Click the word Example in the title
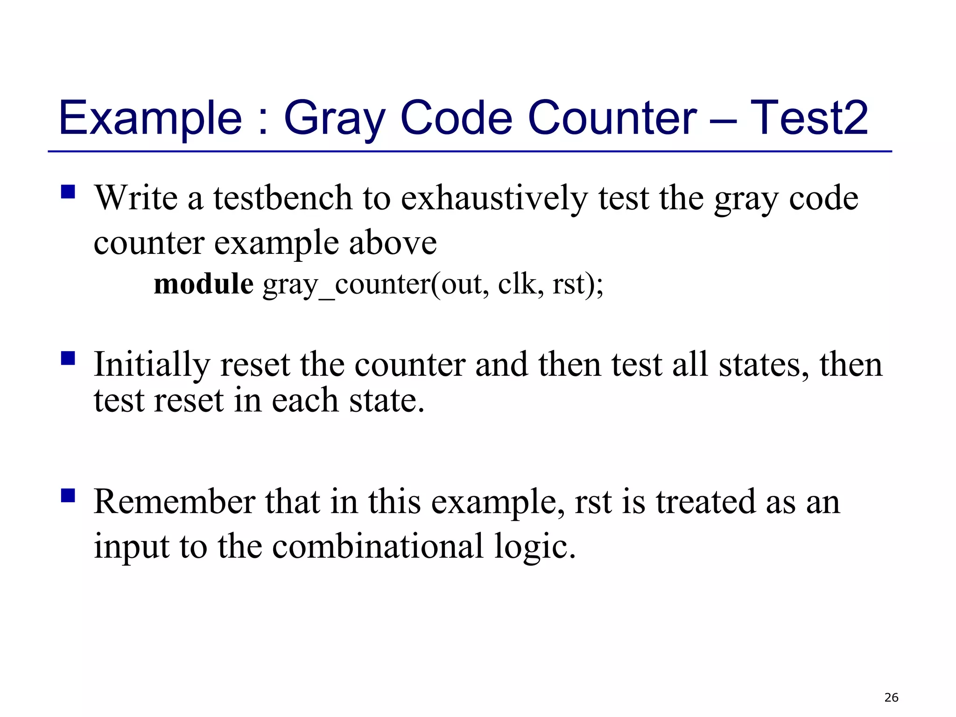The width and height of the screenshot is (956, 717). pyautogui.click(x=150, y=119)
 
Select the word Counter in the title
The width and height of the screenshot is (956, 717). pyautogui.click(x=612, y=119)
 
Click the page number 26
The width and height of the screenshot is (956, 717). pyautogui.click(x=891, y=697)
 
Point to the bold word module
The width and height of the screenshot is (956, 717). pyautogui.click(x=204, y=284)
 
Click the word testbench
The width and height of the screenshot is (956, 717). pyautogui.click(x=283, y=198)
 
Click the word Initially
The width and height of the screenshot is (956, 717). pyautogui.click(x=152, y=365)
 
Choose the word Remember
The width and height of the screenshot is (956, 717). pyautogui.click(x=175, y=502)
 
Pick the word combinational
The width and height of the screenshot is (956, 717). pyautogui.click(x=378, y=546)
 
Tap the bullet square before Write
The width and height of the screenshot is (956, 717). pyautogui.click(x=68, y=192)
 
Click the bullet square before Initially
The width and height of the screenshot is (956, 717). pyautogui.click(x=68, y=358)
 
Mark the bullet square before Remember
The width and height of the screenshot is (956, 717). pyautogui.click(x=68, y=495)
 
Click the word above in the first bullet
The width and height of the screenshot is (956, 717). pyautogui.click(x=393, y=243)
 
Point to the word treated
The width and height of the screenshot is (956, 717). pyautogui.click(x=705, y=502)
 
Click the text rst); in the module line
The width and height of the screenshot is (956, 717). pyautogui.click(x=578, y=284)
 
